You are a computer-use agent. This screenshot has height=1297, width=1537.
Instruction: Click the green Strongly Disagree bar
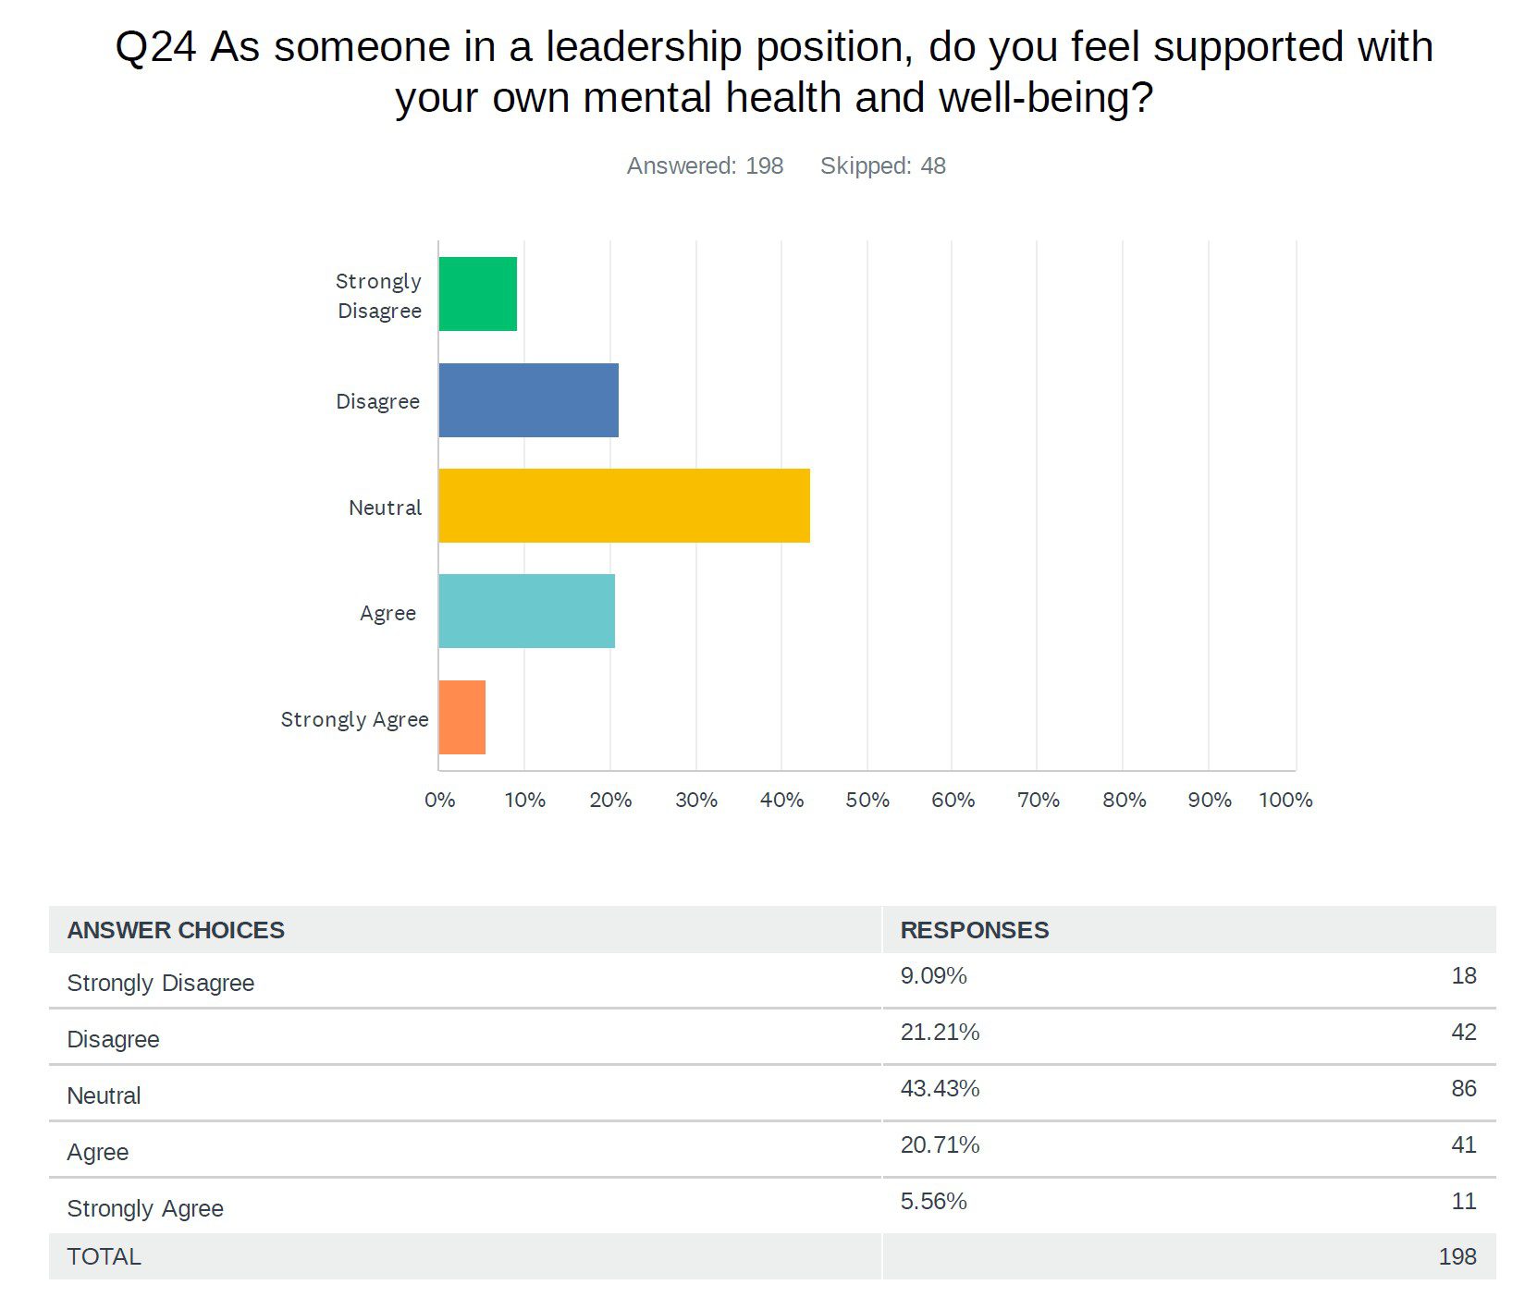click(x=477, y=294)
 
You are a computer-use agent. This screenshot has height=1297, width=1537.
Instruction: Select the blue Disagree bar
click(x=528, y=400)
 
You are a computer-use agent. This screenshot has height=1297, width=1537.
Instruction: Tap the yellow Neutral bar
click(x=623, y=506)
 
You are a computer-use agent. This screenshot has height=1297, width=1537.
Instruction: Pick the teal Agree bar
click(x=526, y=611)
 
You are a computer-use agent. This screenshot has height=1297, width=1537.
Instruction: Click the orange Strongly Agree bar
click(x=461, y=717)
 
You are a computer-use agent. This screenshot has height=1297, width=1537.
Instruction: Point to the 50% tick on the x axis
click(x=867, y=800)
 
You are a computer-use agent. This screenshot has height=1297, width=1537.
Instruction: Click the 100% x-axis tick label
click(x=1285, y=800)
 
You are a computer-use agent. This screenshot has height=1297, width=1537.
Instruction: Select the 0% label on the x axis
click(x=439, y=800)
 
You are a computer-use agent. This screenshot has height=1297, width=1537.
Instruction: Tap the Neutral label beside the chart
click(x=385, y=508)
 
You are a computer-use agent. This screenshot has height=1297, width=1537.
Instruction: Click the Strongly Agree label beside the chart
click(x=354, y=719)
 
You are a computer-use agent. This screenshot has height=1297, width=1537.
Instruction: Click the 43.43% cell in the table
click(x=940, y=1088)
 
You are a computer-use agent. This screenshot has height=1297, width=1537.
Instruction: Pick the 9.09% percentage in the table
click(x=933, y=975)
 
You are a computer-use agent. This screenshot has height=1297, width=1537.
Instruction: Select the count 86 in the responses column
click(x=1463, y=1088)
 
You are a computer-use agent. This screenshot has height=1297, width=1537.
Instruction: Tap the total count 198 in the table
click(x=1457, y=1256)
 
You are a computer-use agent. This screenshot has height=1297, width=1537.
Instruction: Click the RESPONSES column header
click(x=974, y=930)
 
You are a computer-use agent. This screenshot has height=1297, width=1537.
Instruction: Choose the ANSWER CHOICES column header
click(x=176, y=930)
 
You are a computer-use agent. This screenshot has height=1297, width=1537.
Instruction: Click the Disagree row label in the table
click(x=113, y=1039)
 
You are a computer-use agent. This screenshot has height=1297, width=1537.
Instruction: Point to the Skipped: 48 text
click(x=882, y=165)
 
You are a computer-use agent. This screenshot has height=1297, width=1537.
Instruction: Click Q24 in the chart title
click(x=155, y=48)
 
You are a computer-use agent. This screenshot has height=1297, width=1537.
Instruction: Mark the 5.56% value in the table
click(x=933, y=1201)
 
